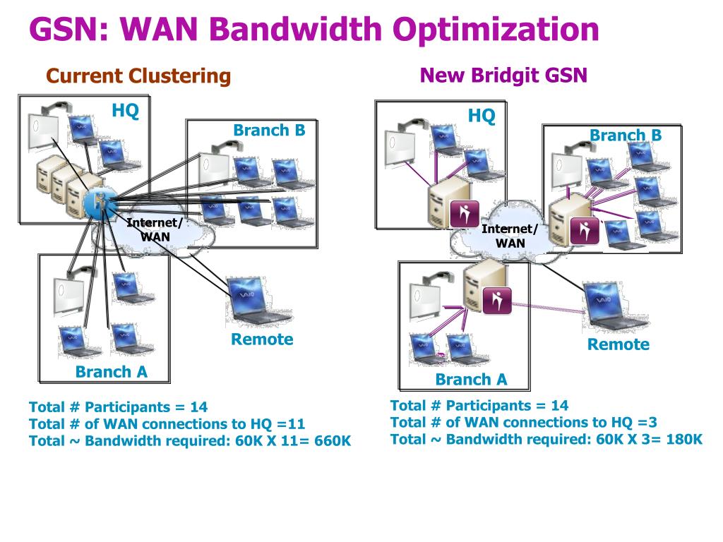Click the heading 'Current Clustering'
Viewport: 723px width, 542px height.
(x=138, y=76)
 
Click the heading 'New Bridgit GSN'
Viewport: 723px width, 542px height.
(x=503, y=76)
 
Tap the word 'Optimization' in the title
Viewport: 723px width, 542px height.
(x=496, y=30)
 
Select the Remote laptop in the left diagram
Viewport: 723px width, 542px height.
(x=258, y=301)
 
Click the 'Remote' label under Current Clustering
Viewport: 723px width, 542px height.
(x=262, y=339)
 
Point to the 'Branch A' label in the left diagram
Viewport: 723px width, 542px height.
(x=111, y=371)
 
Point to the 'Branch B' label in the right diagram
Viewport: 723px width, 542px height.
(x=626, y=135)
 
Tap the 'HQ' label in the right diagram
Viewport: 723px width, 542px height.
(x=482, y=116)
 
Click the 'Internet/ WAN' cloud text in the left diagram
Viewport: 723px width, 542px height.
(x=155, y=229)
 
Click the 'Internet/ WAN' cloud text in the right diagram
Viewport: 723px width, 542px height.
(x=510, y=236)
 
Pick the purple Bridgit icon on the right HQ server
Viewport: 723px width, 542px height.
(x=465, y=214)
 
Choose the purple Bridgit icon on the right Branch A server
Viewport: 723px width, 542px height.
(x=497, y=300)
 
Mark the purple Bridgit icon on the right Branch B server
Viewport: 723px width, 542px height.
(x=584, y=231)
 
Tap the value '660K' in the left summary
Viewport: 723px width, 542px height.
(x=333, y=441)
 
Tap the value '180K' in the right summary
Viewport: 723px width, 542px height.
(x=684, y=439)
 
